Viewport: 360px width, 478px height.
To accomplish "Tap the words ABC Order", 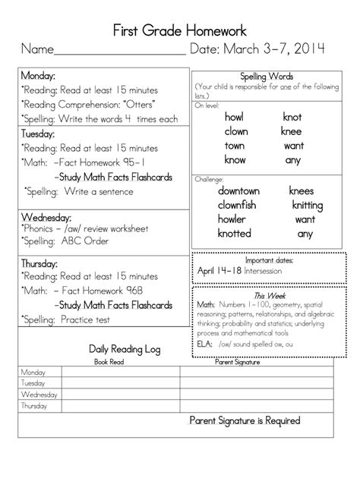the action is tap(85, 241).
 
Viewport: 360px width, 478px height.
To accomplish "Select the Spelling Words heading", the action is tap(267, 77).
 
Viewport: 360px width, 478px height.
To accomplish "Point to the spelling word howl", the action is tap(234, 117).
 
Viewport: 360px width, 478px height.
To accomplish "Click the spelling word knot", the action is tap(292, 117).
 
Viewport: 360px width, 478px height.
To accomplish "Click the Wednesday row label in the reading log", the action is tap(39, 395).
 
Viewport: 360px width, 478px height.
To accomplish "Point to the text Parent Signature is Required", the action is tap(245, 420).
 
